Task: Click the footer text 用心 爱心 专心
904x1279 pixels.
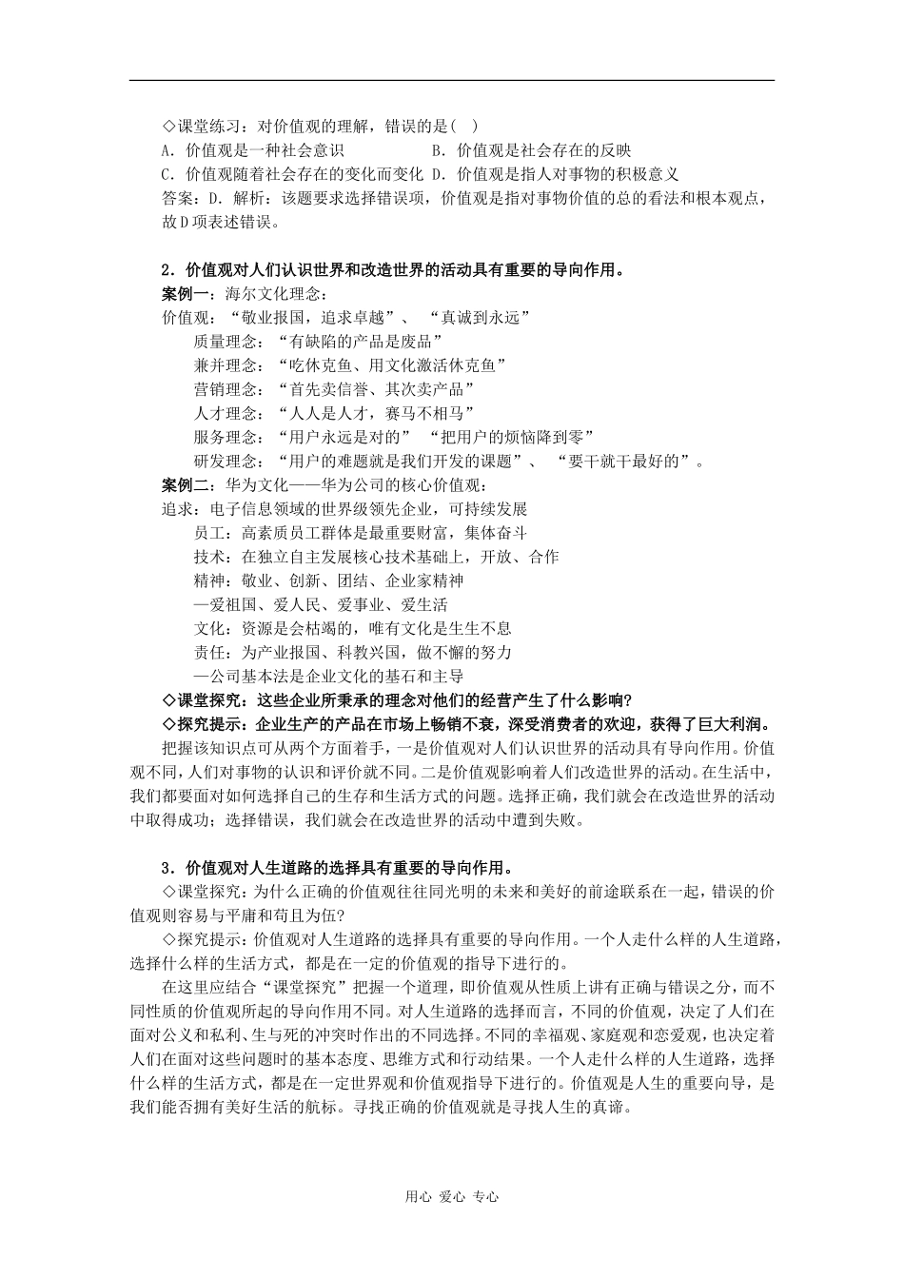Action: point(451,1197)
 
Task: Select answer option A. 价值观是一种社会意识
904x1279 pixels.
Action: point(253,150)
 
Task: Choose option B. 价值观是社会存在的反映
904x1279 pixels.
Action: point(531,150)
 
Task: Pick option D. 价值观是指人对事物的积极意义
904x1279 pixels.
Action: point(555,174)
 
